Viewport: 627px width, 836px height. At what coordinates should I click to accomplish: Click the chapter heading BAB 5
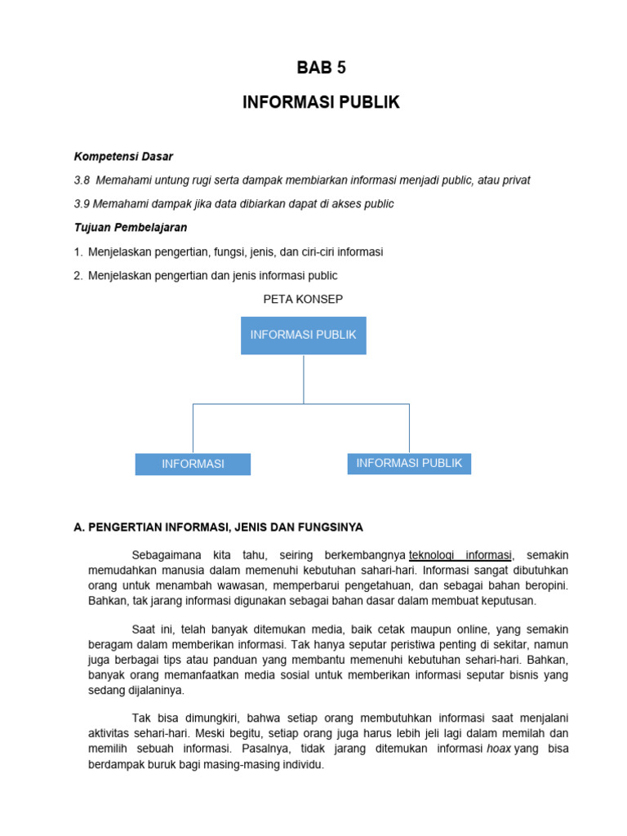click(321, 68)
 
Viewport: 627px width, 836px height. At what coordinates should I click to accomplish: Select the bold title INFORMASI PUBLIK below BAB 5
click(321, 103)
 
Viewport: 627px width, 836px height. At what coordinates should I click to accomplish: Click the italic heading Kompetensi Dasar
click(123, 156)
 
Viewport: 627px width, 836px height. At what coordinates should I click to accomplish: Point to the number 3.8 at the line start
click(82, 180)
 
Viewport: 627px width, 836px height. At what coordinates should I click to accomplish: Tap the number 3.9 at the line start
click(82, 203)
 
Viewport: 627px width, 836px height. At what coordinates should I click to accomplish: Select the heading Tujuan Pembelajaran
click(131, 228)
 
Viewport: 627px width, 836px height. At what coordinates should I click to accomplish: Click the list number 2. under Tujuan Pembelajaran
click(78, 276)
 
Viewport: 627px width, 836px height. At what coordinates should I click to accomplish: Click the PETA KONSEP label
click(303, 300)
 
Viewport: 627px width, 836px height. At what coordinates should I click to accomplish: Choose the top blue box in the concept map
click(303, 336)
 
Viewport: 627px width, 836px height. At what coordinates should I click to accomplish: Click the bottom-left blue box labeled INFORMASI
click(193, 464)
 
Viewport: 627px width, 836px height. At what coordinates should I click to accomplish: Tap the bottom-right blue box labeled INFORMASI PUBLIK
click(409, 464)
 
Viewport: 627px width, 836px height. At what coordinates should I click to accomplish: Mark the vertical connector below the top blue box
click(304, 379)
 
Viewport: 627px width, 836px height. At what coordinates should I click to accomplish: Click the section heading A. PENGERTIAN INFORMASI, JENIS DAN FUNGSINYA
click(218, 527)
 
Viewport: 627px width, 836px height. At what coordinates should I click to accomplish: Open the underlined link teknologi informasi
click(461, 555)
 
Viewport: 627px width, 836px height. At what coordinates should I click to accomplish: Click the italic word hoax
click(498, 749)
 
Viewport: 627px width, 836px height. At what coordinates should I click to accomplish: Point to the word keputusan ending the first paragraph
click(509, 601)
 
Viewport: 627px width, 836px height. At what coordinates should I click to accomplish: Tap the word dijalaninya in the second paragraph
click(153, 690)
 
